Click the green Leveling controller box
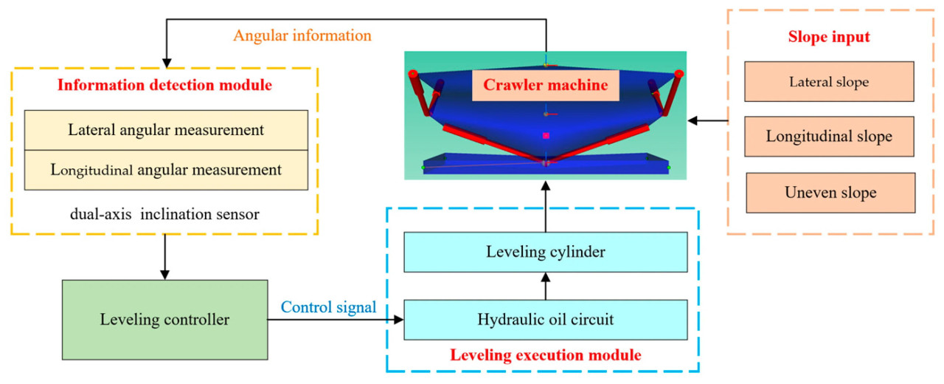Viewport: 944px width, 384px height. (x=164, y=320)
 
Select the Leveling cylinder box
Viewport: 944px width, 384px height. (x=545, y=252)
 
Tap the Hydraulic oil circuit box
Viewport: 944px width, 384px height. (x=545, y=320)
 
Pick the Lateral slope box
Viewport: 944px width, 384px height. (x=830, y=82)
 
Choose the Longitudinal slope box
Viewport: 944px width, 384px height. (x=830, y=137)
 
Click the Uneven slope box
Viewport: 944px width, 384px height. (x=830, y=193)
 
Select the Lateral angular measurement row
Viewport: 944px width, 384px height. (x=166, y=130)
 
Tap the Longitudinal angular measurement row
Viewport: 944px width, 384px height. (x=166, y=170)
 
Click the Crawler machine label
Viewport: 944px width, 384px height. (x=545, y=85)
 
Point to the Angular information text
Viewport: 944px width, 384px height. (x=302, y=35)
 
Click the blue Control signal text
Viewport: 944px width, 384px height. (x=329, y=306)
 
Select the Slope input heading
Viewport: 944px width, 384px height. (x=830, y=38)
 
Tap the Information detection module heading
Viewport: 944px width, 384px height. (x=164, y=85)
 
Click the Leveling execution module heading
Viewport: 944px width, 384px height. (x=546, y=355)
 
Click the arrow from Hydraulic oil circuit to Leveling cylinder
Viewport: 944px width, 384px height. (x=545, y=286)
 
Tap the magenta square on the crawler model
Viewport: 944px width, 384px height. (x=546, y=136)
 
